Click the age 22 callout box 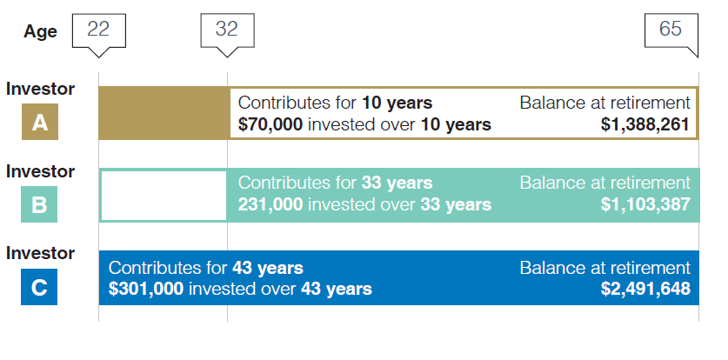[98, 30]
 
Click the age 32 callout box [227, 30]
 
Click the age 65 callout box [671, 30]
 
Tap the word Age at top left [40, 32]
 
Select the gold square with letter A [40, 123]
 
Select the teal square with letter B [40, 205]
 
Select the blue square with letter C [40, 287]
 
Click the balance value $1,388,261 [645, 124]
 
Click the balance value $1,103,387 [645, 205]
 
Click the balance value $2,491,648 [645, 288]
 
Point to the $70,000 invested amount [270, 124]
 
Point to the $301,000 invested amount [146, 288]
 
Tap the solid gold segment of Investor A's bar [163, 113]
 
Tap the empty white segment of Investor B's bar [164, 196]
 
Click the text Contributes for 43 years [206, 267]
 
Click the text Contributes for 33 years [335, 183]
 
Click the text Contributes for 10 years [335, 103]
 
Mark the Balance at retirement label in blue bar [605, 267]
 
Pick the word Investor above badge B [40, 171]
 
